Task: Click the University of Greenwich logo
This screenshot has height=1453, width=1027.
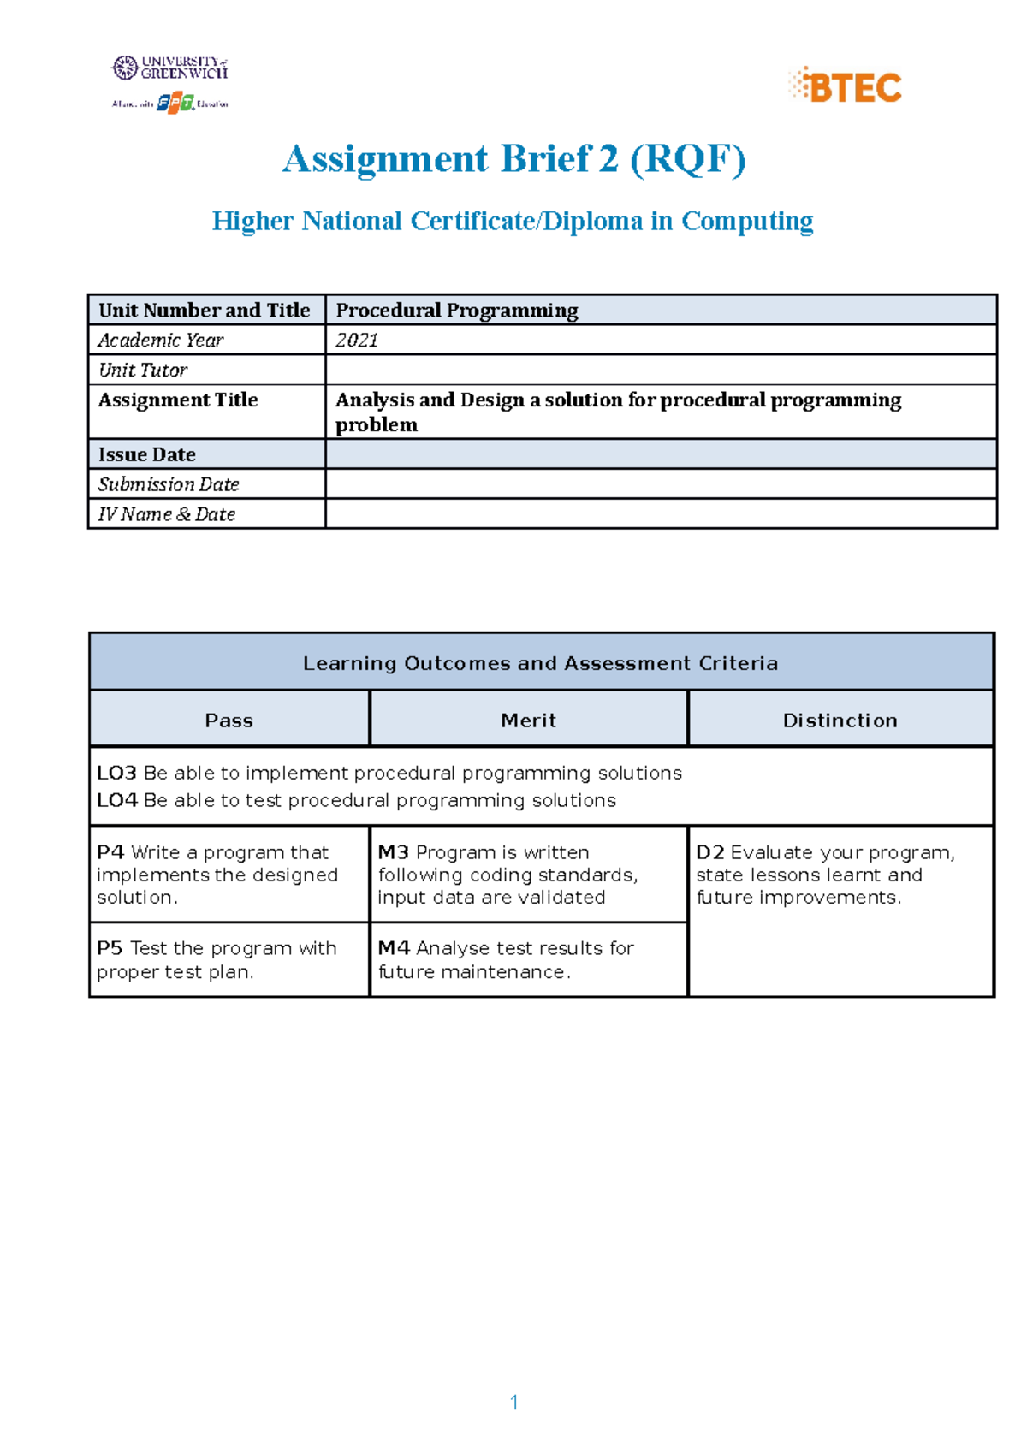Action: click(170, 68)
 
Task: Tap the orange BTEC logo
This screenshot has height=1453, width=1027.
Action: click(845, 86)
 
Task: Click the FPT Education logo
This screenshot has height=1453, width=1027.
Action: click(175, 103)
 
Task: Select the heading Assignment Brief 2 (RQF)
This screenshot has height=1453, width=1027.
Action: click(513, 159)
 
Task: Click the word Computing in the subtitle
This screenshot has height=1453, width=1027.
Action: click(746, 221)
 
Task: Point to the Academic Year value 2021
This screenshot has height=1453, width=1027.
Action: click(357, 340)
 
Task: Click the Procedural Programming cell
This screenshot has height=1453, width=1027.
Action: click(456, 310)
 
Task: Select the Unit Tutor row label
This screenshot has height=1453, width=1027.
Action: click(143, 370)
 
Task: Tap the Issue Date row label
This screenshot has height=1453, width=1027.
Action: click(147, 454)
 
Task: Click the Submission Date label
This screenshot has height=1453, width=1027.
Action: click(169, 484)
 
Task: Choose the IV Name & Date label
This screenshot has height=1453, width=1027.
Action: click(167, 514)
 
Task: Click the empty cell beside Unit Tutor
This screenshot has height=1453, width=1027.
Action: click(660, 370)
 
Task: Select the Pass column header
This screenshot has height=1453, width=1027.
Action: click(229, 721)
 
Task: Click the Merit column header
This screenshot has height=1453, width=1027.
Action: click(528, 721)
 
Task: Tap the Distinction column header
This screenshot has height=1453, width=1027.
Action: click(840, 721)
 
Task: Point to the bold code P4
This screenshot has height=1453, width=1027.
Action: click(110, 852)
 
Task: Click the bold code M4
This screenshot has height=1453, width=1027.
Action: click(394, 948)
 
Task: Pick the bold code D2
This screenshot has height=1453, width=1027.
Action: click(710, 852)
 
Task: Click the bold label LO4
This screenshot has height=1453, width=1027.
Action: click(116, 800)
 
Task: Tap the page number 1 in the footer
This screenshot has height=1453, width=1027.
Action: click(513, 1402)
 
